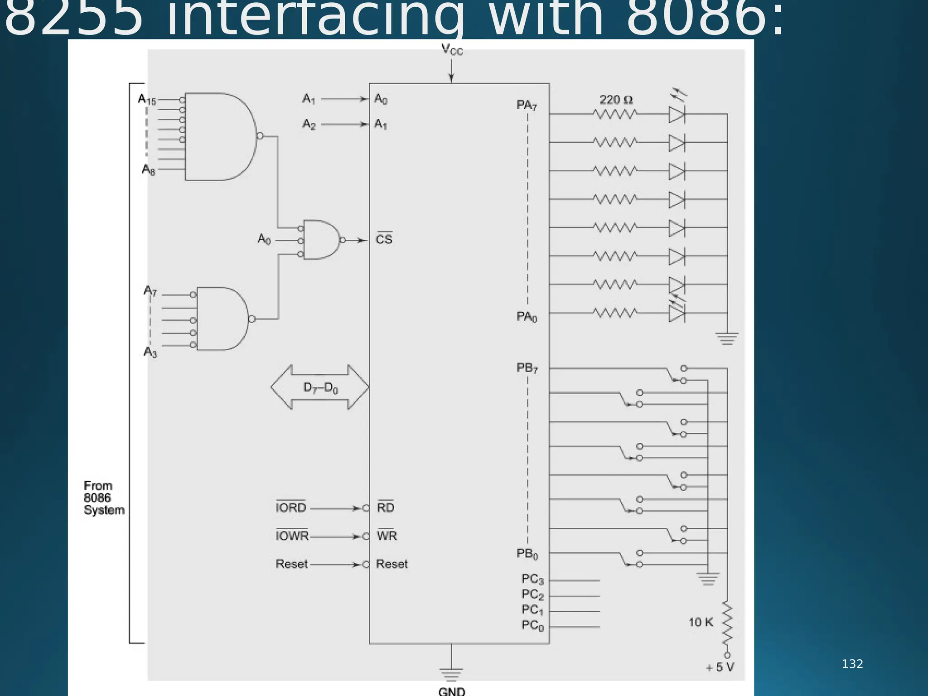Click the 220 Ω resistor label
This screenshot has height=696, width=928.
616,100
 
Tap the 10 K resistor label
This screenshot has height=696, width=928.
701,622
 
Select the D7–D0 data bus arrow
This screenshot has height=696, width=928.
320,387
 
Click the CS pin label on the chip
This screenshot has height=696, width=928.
384,239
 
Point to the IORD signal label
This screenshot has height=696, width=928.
291,507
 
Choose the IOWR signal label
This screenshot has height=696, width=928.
292,536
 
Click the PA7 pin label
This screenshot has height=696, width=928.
527,106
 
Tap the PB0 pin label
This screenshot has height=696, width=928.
527,554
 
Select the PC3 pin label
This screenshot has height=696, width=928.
532,579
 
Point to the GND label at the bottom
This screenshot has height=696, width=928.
451,691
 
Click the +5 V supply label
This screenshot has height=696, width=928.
720,667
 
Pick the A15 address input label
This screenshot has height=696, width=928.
147,99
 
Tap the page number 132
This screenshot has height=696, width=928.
852,664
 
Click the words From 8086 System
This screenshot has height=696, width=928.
104,498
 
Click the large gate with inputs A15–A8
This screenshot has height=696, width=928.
220,136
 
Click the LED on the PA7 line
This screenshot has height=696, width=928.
677,115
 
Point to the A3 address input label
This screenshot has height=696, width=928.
150,352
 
